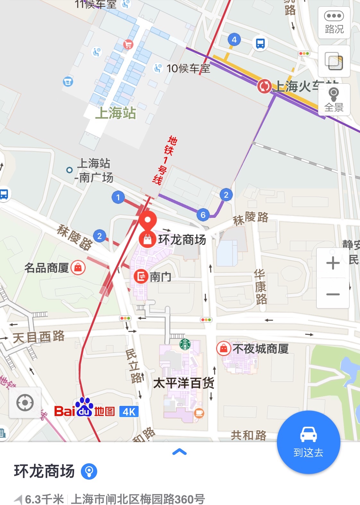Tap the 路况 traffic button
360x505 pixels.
point(334,22)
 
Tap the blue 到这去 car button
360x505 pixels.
point(308,442)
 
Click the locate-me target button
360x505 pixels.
point(25,403)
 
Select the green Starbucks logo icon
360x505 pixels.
point(185,344)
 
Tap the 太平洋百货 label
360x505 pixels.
point(184,383)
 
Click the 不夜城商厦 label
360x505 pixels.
point(260,348)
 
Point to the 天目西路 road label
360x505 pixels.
point(39,337)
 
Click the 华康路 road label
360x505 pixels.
point(261,287)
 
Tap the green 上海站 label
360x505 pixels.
point(116,113)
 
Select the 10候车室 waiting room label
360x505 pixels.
point(188,68)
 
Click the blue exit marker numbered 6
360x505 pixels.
point(203,215)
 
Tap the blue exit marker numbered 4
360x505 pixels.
point(234,40)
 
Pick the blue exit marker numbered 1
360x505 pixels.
point(118,197)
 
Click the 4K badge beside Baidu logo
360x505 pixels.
point(129,411)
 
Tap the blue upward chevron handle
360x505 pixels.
point(179,452)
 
